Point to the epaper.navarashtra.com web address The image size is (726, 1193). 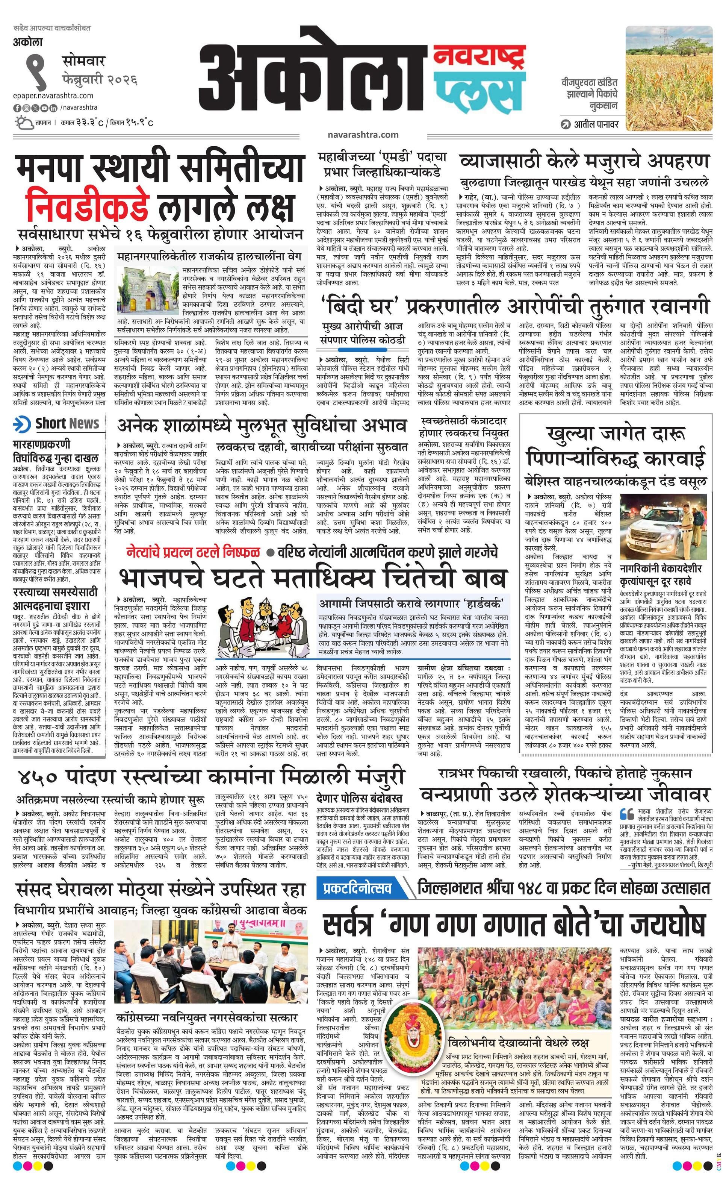(x=53, y=96)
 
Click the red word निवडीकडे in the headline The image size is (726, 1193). (x=87, y=206)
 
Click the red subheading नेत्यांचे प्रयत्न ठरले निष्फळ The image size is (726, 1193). (x=193, y=552)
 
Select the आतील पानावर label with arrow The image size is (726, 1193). (x=590, y=124)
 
